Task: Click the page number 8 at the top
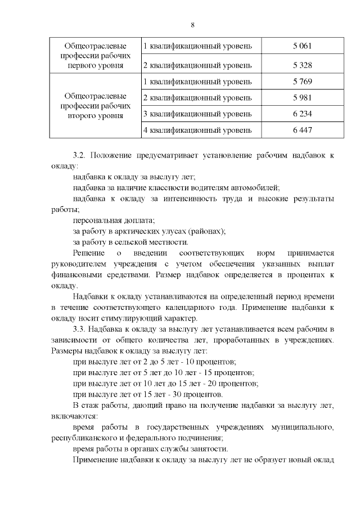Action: (x=192, y=25)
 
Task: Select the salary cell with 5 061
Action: (x=302, y=46)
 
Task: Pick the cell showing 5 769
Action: (x=302, y=82)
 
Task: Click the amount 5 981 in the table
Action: (x=302, y=98)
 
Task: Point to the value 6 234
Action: (x=302, y=114)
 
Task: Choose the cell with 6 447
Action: (x=302, y=130)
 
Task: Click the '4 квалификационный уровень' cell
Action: (x=197, y=130)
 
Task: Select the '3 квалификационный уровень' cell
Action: (x=197, y=114)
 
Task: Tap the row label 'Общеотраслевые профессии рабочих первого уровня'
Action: (x=94, y=55)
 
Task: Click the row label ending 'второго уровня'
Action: (x=94, y=106)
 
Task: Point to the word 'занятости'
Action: (x=209, y=448)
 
